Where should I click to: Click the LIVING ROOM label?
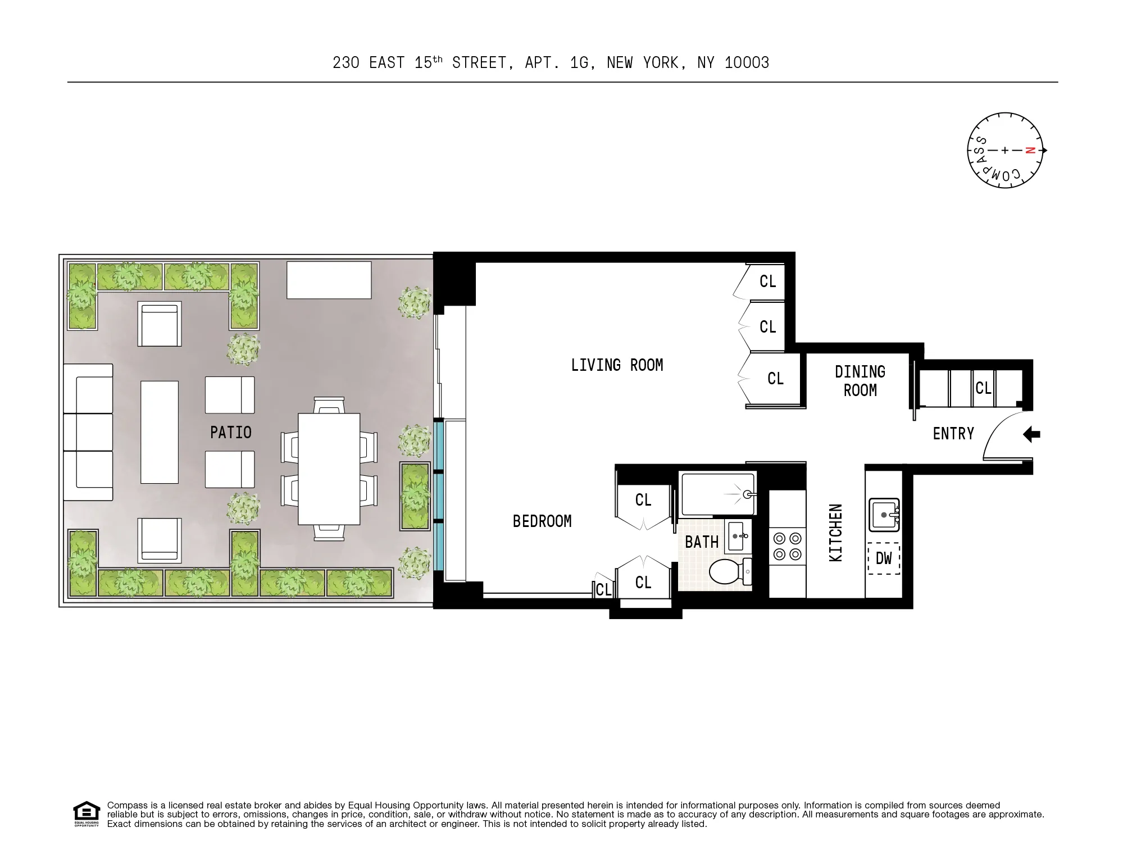pos(617,365)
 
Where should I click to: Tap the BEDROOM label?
pos(542,521)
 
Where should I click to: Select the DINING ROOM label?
pos(860,381)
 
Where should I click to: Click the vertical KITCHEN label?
pos(836,533)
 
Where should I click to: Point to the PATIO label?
pos(230,433)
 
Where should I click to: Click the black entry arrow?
pos(1031,434)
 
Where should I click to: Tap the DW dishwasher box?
pos(884,558)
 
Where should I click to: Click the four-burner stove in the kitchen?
pos(787,547)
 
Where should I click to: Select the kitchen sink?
pos(884,515)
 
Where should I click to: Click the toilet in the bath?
pos(730,571)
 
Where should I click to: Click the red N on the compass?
pos(1029,150)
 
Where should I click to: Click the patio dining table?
pos(329,469)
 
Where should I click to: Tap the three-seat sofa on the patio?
pos(88,432)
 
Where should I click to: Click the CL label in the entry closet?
pos(983,388)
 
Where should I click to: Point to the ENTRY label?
pos(953,434)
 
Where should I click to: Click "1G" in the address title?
pos(579,63)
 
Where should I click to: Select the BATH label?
pos(702,542)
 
